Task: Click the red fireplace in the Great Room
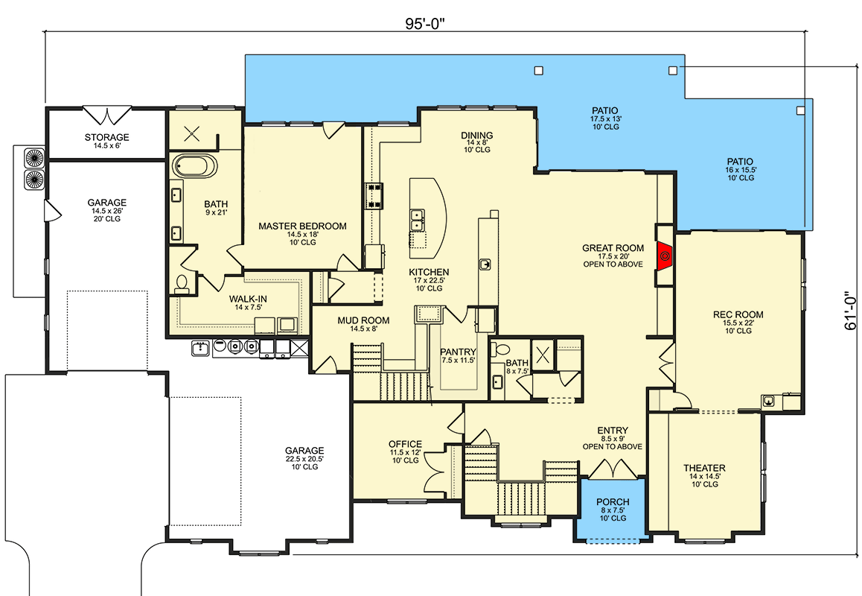pyautogui.click(x=665, y=256)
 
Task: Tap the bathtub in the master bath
pyautogui.click(x=194, y=165)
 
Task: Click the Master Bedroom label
pyautogui.click(x=302, y=226)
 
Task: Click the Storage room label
pyautogui.click(x=106, y=138)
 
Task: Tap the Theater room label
pyautogui.click(x=704, y=469)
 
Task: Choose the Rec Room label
pyautogui.click(x=738, y=314)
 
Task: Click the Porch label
pyautogui.click(x=613, y=502)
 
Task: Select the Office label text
pyautogui.click(x=405, y=444)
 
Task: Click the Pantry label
pyautogui.click(x=458, y=352)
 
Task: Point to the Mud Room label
pyautogui.click(x=363, y=320)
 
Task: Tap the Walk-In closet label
pyautogui.click(x=248, y=299)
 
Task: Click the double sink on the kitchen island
pyautogui.click(x=418, y=221)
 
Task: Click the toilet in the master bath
pyautogui.click(x=181, y=283)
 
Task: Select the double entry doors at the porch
pyautogui.click(x=612, y=469)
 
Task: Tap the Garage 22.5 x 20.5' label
pyautogui.click(x=304, y=451)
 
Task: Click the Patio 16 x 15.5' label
pyautogui.click(x=740, y=162)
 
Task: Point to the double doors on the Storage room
pyautogui.click(x=107, y=115)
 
